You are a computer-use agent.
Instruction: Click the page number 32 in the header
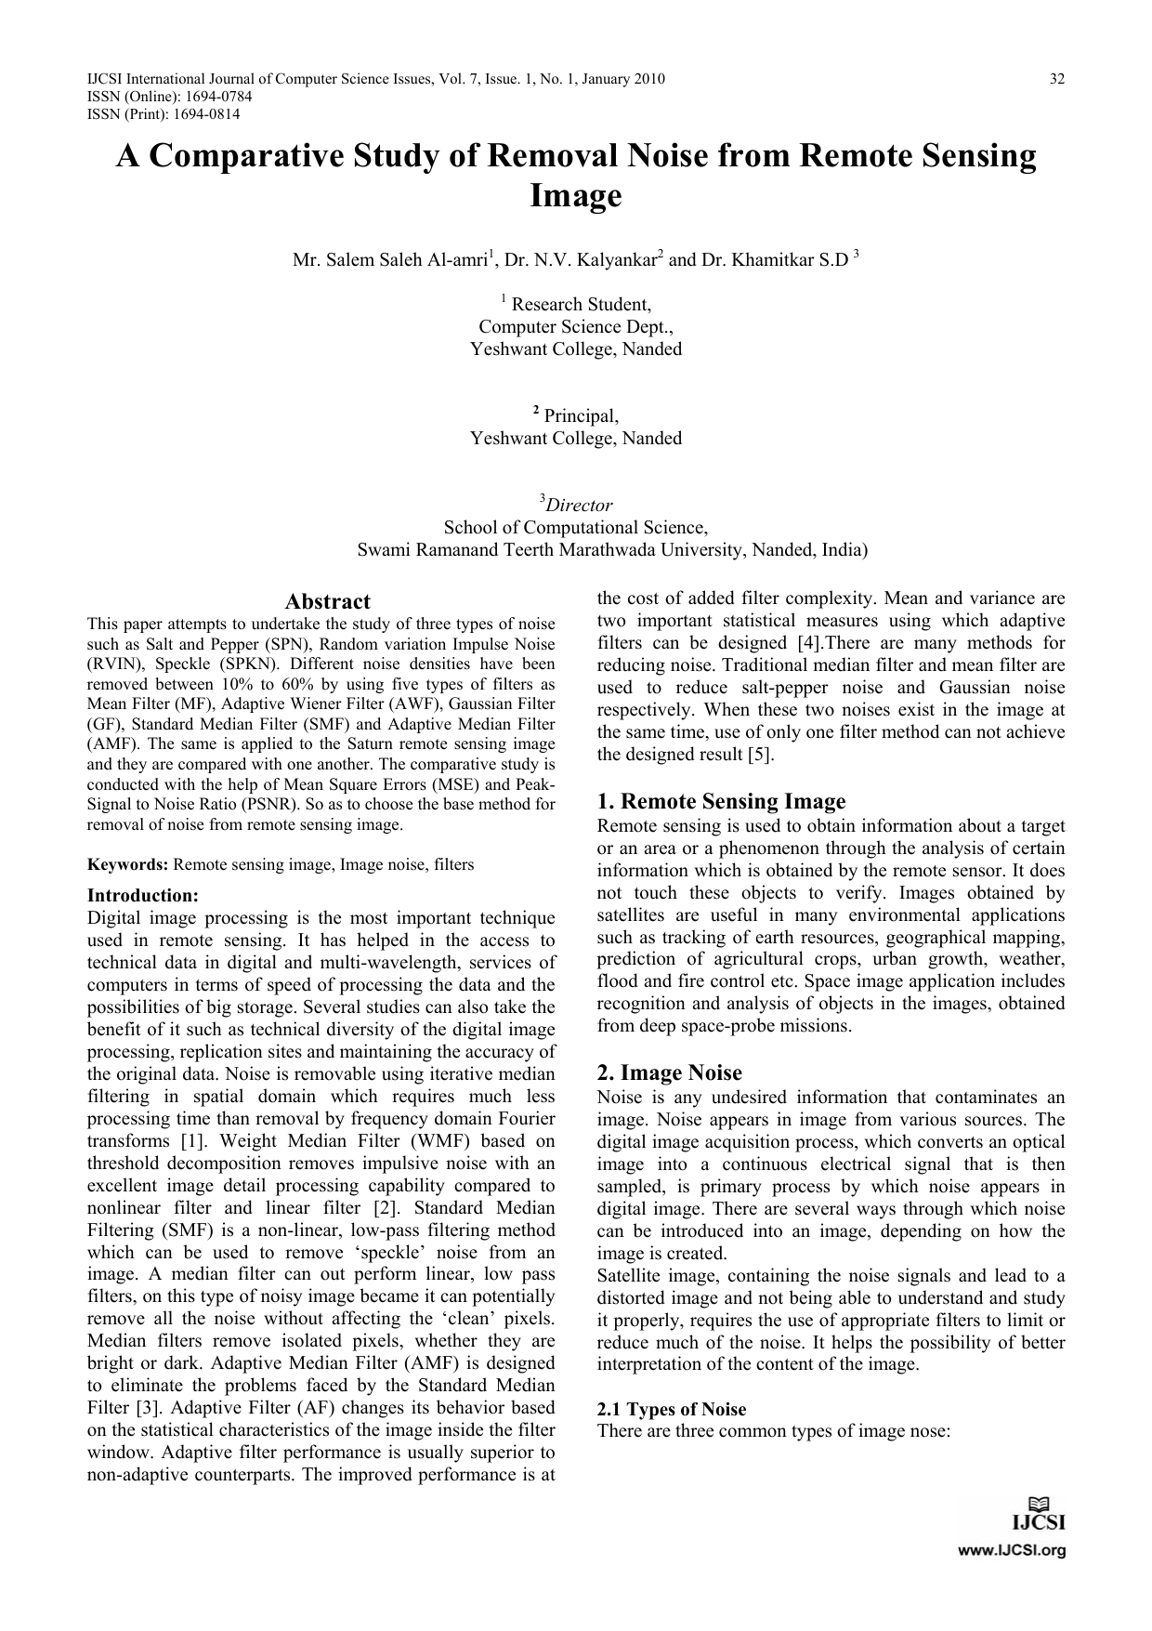1057,79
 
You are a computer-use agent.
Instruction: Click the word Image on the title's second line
575,196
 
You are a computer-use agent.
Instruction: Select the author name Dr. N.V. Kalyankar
582,260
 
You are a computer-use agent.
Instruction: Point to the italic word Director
579,506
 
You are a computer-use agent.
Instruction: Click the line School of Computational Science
575,528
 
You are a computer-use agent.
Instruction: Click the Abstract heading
327,601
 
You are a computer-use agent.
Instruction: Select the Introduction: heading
143,896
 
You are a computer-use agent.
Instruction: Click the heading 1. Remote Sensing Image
721,801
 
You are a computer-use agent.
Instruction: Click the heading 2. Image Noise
669,1072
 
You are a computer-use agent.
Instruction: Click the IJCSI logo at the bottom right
1038,1513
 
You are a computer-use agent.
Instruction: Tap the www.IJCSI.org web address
1012,1550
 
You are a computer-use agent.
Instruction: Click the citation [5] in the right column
761,755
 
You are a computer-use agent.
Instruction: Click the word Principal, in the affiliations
581,416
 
